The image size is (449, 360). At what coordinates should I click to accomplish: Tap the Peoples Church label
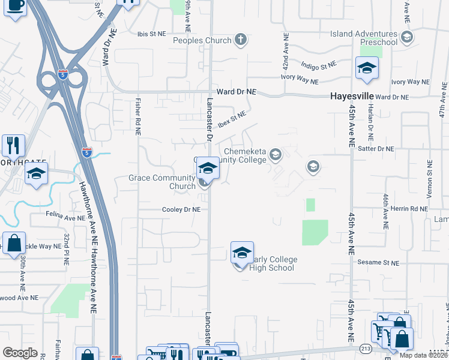click(202, 40)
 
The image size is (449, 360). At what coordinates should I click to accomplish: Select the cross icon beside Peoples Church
click(240, 40)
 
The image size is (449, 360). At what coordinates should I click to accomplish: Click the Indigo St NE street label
click(319, 65)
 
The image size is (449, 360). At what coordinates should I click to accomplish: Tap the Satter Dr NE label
click(377, 148)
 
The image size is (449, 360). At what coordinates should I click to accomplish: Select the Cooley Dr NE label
click(181, 209)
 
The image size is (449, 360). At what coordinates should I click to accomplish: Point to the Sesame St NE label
click(379, 263)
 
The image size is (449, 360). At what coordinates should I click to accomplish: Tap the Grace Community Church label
click(162, 182)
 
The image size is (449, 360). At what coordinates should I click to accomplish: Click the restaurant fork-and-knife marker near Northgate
click(13, 145)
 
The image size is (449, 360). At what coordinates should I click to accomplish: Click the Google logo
click(20, 353)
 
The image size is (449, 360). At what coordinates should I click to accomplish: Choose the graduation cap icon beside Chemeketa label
click(276, 155)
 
